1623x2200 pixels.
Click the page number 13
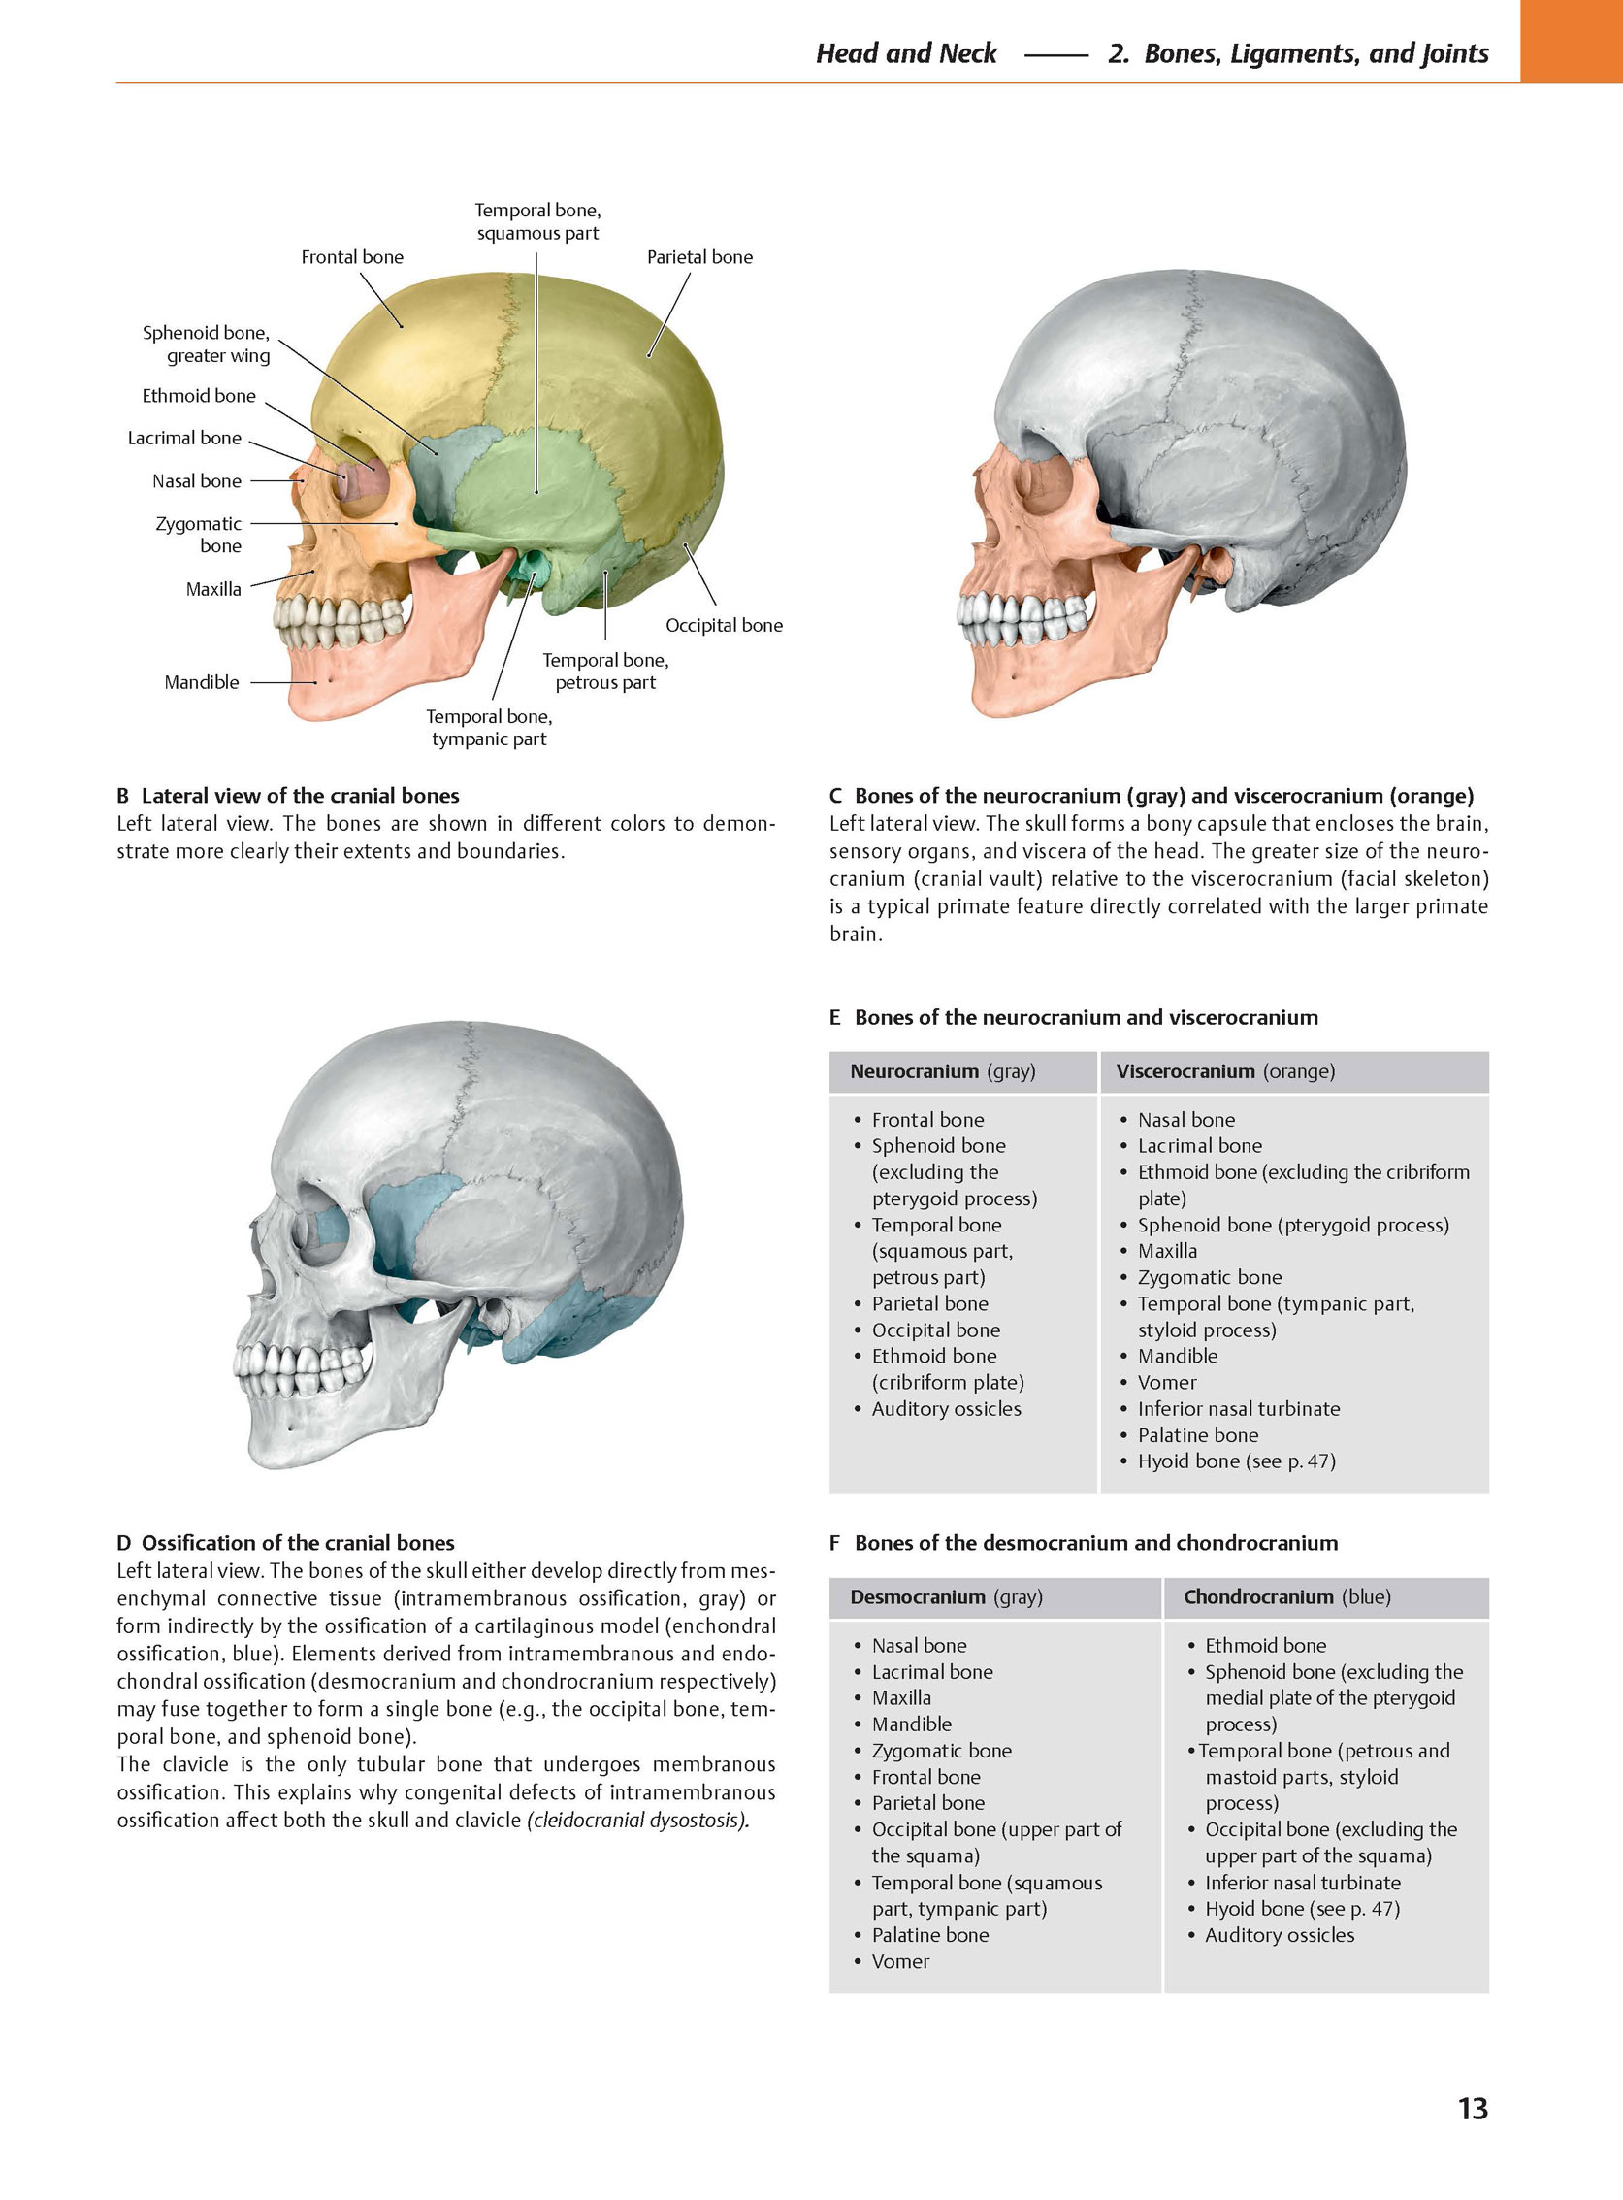click(x=1473, y=2108)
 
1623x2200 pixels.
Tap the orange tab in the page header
click(x=1571, y=42)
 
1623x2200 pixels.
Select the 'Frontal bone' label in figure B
click(x=352, y=257)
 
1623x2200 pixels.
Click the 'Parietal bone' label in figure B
click(x=699, y=257)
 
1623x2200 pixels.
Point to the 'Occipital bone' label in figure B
click(x=724, y=626)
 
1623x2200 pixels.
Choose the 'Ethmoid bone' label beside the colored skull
click(x=199, y=396)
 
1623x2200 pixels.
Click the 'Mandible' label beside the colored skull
click(x=202, y=682)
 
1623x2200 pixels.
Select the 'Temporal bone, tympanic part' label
click(x=489, y=728)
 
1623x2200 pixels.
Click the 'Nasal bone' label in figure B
click(x=197, y=481)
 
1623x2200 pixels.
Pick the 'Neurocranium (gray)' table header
click(x=943, y=1071)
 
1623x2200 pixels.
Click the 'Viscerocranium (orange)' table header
click(x=1225, y=1071)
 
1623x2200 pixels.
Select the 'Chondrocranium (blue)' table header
click(x=1287, y=1596)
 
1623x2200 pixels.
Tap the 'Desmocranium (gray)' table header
click(x=946, y=1596)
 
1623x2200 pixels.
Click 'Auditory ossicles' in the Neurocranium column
click(x=946, y=1409)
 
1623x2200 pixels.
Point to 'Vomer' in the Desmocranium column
click(x=900, y=1961)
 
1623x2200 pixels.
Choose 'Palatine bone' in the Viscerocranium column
click(x=1197, y=1434)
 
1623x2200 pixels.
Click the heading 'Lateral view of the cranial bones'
click(x=301, y=796)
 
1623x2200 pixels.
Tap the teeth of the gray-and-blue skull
click(x=303, y=1367)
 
